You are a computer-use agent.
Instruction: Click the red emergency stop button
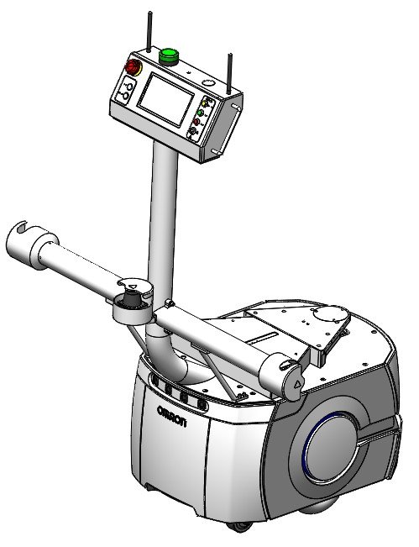(x=134, y=67)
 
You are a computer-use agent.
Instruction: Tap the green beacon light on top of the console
(x=169, y=56)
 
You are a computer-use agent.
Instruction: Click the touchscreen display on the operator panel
(x=166, y=99)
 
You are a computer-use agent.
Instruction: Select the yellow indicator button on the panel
(x=205, y=103)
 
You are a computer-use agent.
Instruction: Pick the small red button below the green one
(x=196, y=122)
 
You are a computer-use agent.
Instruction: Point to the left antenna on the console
(x=149, y=32)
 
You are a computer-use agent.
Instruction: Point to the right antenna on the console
(x=229, y=74)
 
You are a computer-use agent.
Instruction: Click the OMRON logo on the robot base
(x=171, y=416)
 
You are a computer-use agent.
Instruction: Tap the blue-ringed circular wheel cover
(x=330, y=447)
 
